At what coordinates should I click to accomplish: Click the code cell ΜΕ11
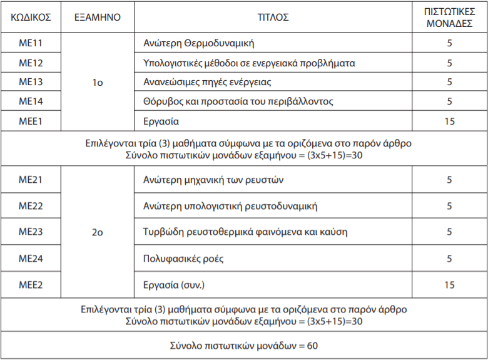coord(31,43)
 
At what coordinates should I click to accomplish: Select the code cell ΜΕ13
coord(31,82)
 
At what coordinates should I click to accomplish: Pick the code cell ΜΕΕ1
coord(31,121)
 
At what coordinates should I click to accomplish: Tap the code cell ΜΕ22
coord(31,206)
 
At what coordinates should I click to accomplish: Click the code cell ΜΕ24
coord(31,258)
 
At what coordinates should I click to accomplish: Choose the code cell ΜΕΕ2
coord(31,285)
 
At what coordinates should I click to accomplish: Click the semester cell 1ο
coord(97,82)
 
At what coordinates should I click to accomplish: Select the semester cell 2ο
coord(97,232)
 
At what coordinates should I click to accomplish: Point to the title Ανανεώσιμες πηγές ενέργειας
coord(207,82)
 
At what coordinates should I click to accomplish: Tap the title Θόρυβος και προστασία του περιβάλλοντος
coord(238,101)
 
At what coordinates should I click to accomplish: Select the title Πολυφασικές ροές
coord(183,259)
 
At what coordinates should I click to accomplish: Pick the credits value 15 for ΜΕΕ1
coord(449,121)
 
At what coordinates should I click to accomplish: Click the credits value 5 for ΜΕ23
coord(449,232)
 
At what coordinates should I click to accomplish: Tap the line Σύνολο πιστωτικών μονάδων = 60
coord(244,346)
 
